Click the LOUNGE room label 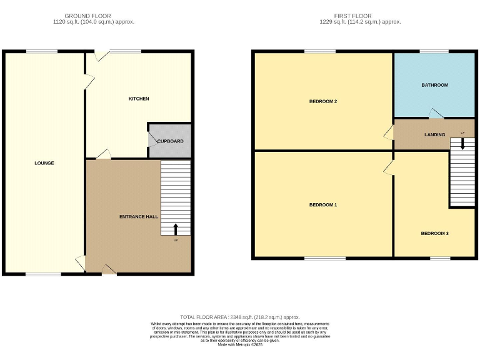(44, 163)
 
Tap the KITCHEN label (139, 99)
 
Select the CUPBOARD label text (170, 141)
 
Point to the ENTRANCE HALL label (139, 216)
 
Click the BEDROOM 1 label (323, 205)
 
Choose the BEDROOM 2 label (323, 101)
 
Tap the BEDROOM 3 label (434, 233)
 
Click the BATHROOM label (434, 85)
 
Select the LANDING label (434, 134)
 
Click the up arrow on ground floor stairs (175, 229)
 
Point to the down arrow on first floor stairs (462, 143)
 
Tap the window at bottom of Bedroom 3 (440, 257)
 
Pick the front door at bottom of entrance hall (109, 270)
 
